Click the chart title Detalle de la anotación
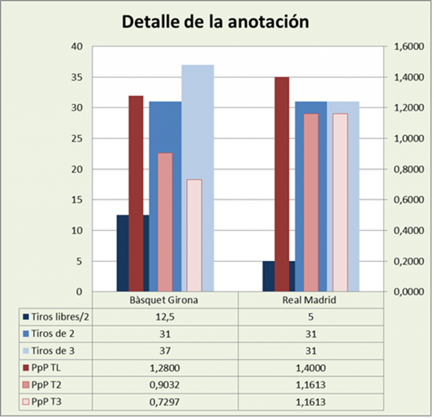click(x=215, y=22)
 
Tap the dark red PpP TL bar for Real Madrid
click(x=282, y=184)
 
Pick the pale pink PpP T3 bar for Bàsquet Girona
click(x=194, y=236)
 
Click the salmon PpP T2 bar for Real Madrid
click(x=311, y=202)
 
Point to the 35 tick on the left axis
click(x=77, y=77)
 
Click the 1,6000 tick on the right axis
click(x=409, y=47)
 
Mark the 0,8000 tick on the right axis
click(x=409, y=169)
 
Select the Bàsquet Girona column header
click(x=164, y=300)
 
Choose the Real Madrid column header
click(x=309, y=300)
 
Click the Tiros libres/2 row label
click(x=60, y=317)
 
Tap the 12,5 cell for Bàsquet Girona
click(x=165, y=317)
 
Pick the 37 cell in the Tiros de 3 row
click(x=165, y=351)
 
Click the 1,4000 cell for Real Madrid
click(x=311, y=368)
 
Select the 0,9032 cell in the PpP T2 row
click(x=165, y=385)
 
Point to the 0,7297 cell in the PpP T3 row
click(x=165, y=402)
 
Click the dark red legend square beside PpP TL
click(x=26, y=368)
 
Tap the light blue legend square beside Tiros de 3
click(x=26, y=351)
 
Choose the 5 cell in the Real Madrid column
click(x=311, y=317)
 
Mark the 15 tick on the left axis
click(x=77, y=199)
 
